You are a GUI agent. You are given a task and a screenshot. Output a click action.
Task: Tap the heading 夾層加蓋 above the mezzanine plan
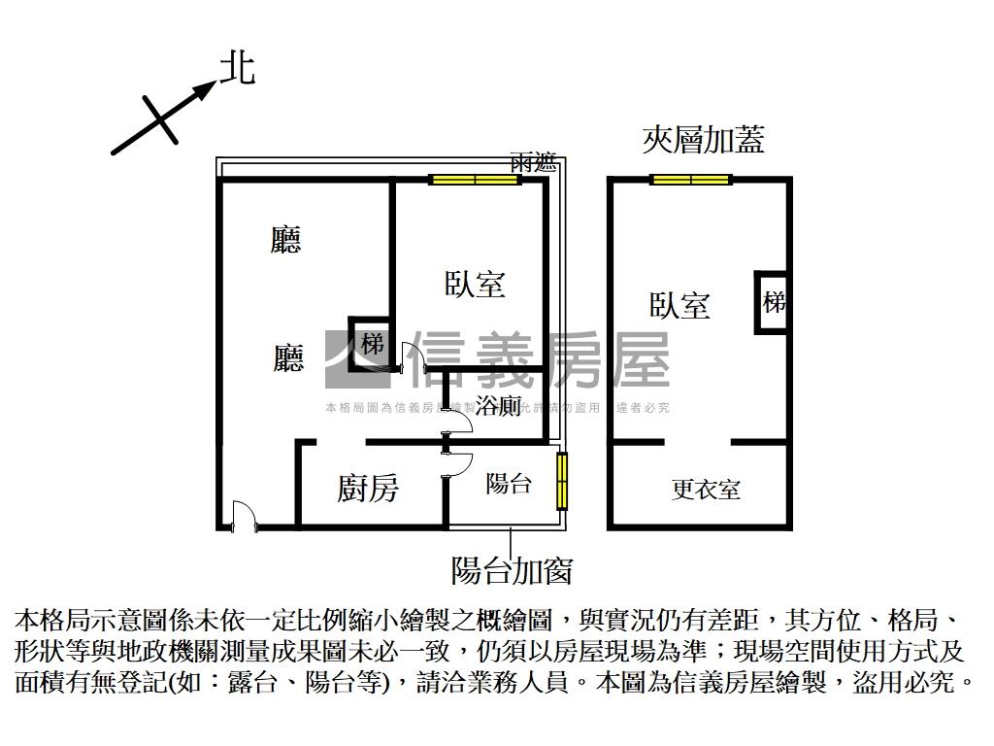point(703,140)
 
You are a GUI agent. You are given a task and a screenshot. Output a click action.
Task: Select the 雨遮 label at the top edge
point(533,163)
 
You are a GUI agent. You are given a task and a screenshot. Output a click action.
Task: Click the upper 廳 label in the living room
point(285,239)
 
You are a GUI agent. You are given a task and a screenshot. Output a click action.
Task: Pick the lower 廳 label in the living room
point(287,358)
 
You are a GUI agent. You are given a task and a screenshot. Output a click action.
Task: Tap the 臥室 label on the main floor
point(475,284)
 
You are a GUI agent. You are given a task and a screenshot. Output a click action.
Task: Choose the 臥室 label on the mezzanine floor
point(679,305)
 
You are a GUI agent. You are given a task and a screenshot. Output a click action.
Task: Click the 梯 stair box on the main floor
point(372,343)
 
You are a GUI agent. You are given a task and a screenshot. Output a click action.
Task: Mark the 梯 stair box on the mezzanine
point(773,302)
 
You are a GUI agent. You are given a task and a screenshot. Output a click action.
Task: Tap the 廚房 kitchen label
point(368,489)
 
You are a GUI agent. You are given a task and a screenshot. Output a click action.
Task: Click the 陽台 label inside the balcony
point(509,483)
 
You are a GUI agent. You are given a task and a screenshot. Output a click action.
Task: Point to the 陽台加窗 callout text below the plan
point(511,569)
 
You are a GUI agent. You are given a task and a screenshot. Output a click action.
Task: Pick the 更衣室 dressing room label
point(706,490)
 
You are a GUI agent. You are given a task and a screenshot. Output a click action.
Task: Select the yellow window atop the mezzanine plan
point(690,179)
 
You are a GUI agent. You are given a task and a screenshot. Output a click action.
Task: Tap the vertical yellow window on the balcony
point(561,481)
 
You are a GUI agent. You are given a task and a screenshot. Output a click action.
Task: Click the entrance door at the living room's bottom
point(243,516)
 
